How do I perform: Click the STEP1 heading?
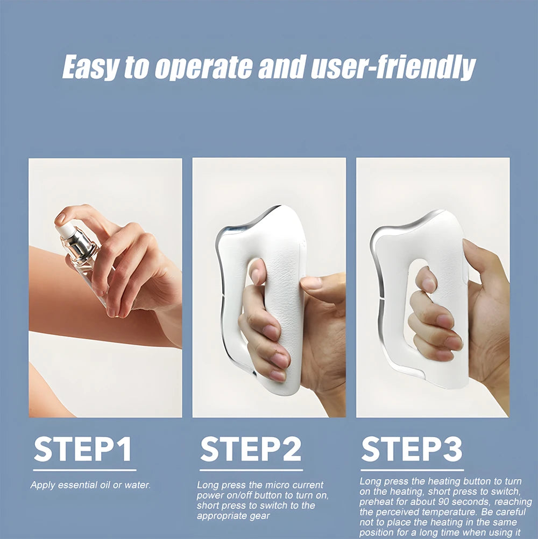coord(83,450)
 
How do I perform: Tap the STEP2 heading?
coord(251,450)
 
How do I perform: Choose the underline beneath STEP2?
coord(251,470)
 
